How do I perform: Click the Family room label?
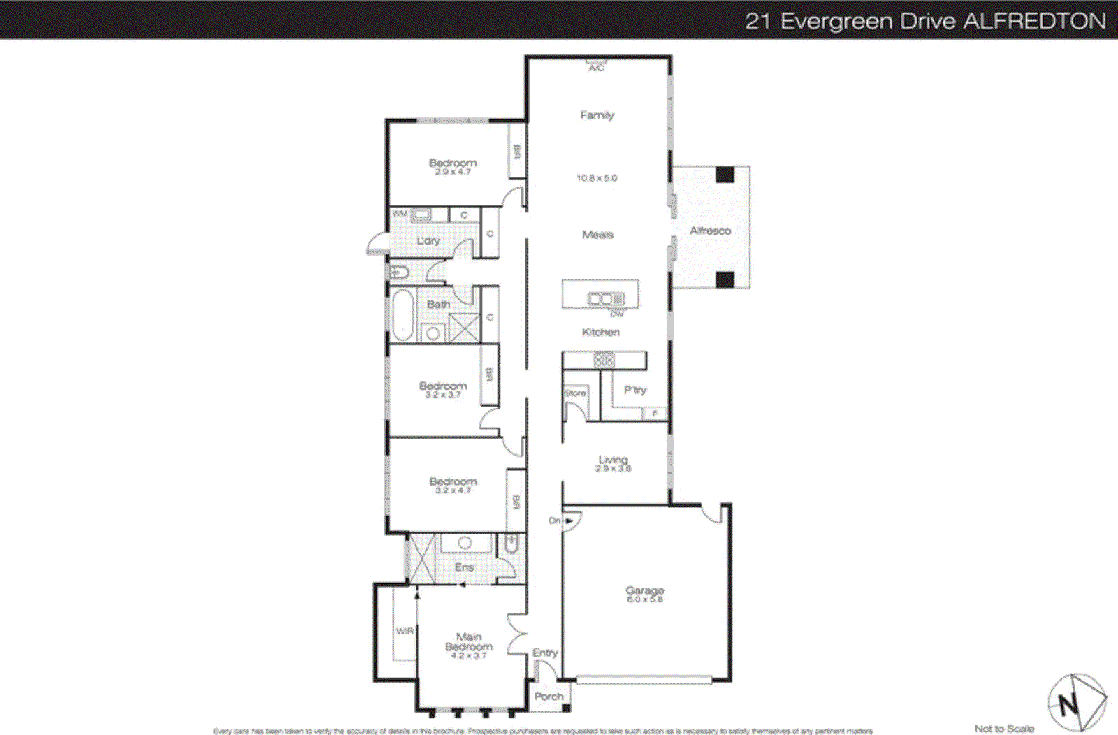pos(597,115)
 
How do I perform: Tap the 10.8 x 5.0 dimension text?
pos(597,178)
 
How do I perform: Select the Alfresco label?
pos(710,231)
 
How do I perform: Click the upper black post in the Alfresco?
pos(725,174)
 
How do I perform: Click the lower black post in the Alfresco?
pos(725,279)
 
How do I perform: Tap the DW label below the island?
pos(616,314)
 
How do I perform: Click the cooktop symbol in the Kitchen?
pos(604,361)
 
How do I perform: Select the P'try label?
pos(635,390)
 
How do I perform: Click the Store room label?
pos(575,393)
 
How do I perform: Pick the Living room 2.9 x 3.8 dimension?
pos(613,469)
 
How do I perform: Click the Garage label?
pos(644,590)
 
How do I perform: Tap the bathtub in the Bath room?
pos(402,315)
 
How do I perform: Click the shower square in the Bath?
pos(464,328)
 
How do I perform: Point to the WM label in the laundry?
pos(399,214)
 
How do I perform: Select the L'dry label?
pos(428,240)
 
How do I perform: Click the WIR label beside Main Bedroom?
pos(405,631)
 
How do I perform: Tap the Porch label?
pos(549,697)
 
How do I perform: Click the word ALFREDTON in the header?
pos(1034,21)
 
